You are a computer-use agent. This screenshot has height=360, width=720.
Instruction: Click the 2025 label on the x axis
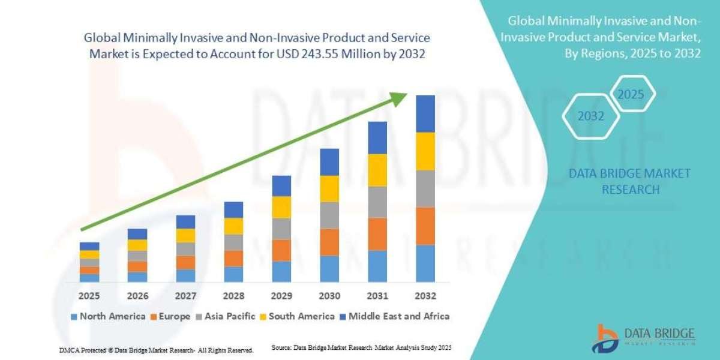coord(89,296)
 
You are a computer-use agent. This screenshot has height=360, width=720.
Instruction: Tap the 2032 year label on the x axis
coord(425,296)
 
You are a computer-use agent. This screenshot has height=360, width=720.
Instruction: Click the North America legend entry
coord(107,316)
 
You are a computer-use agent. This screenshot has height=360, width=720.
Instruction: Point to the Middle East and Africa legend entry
coord(394,316)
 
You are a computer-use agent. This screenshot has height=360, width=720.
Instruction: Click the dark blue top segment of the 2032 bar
coord(425,113)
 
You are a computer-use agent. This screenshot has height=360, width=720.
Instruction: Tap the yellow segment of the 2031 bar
coord(377,170)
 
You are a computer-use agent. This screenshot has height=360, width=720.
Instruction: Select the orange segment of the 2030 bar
coord(329,242)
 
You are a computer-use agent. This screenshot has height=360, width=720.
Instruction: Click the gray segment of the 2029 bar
coord(281,229)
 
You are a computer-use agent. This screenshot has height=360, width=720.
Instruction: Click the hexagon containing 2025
coord(631,95)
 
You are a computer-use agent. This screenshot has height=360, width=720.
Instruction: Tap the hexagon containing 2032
coord(590,116)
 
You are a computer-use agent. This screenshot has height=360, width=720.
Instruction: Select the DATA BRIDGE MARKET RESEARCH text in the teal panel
coord(629,181)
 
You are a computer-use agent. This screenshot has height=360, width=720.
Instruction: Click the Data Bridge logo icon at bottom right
coord(607,338)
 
